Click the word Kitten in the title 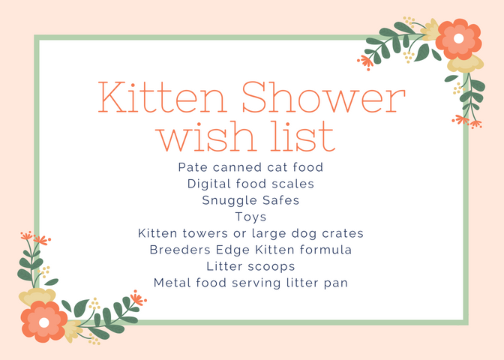tap(162, 97)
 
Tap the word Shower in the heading tap(323, 97)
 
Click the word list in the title tap(303, 136)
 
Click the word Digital tap(208, 184)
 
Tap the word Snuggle tap(229, 201)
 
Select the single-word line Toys tap(250, 217)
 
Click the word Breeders tap(180, 250)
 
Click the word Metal tap(172, 283)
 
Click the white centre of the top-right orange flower tap(459, 38)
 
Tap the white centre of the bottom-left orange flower tap(44, 322)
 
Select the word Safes tap(281, 200)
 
